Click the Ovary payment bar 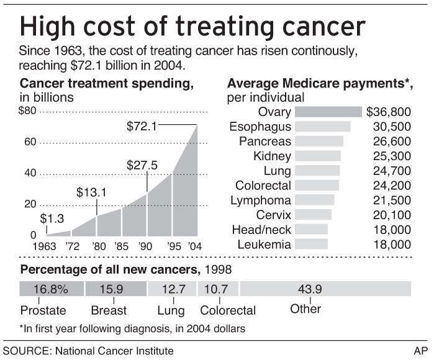328,112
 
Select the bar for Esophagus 322,127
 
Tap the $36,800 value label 389,112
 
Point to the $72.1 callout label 142,126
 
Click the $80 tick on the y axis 28,112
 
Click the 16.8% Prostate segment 51,289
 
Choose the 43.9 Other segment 325,289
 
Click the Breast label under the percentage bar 108,310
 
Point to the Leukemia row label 264,245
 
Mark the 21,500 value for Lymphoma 394,200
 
